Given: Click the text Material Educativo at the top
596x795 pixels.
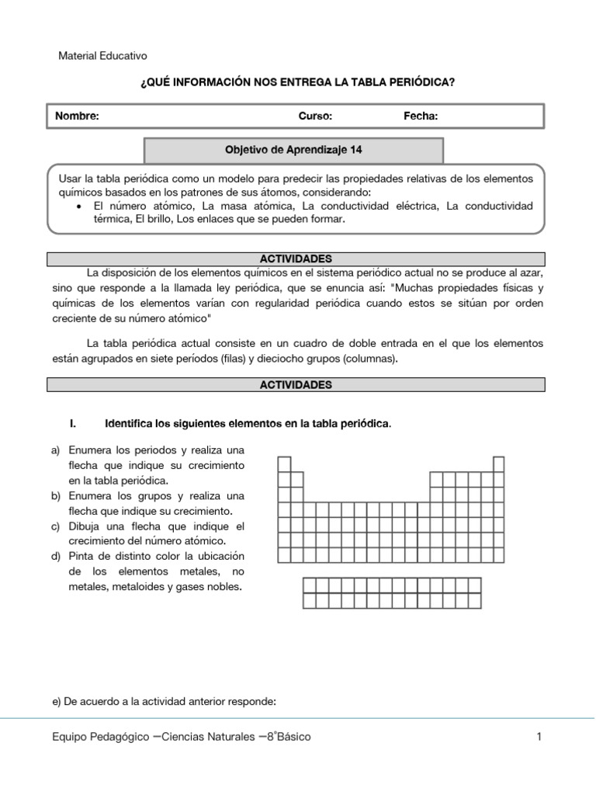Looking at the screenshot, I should pos(103,56).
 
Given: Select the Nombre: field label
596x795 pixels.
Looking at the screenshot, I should pos(77,116).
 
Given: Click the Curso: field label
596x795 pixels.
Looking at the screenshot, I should pos(315,116).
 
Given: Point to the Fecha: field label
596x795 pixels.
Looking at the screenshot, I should pos(421,116).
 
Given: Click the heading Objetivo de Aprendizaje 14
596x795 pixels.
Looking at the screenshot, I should pos(293,151).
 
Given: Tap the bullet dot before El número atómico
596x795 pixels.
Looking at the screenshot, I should pos(81,207).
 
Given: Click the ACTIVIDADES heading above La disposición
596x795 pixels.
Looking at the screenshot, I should pos(296,258).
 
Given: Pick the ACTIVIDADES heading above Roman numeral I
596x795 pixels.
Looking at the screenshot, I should pos(296,384).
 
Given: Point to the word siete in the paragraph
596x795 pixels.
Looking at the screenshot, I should pos(169,359).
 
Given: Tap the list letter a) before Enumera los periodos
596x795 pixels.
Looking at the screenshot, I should pos(55,450).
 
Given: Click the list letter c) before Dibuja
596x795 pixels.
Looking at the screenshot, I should pos(55,526).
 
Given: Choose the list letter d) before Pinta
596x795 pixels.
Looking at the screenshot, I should pos(55,557).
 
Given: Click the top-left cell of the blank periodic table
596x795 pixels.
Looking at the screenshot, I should pos(285,464).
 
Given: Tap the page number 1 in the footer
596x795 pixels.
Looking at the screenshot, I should pos(539,737).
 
